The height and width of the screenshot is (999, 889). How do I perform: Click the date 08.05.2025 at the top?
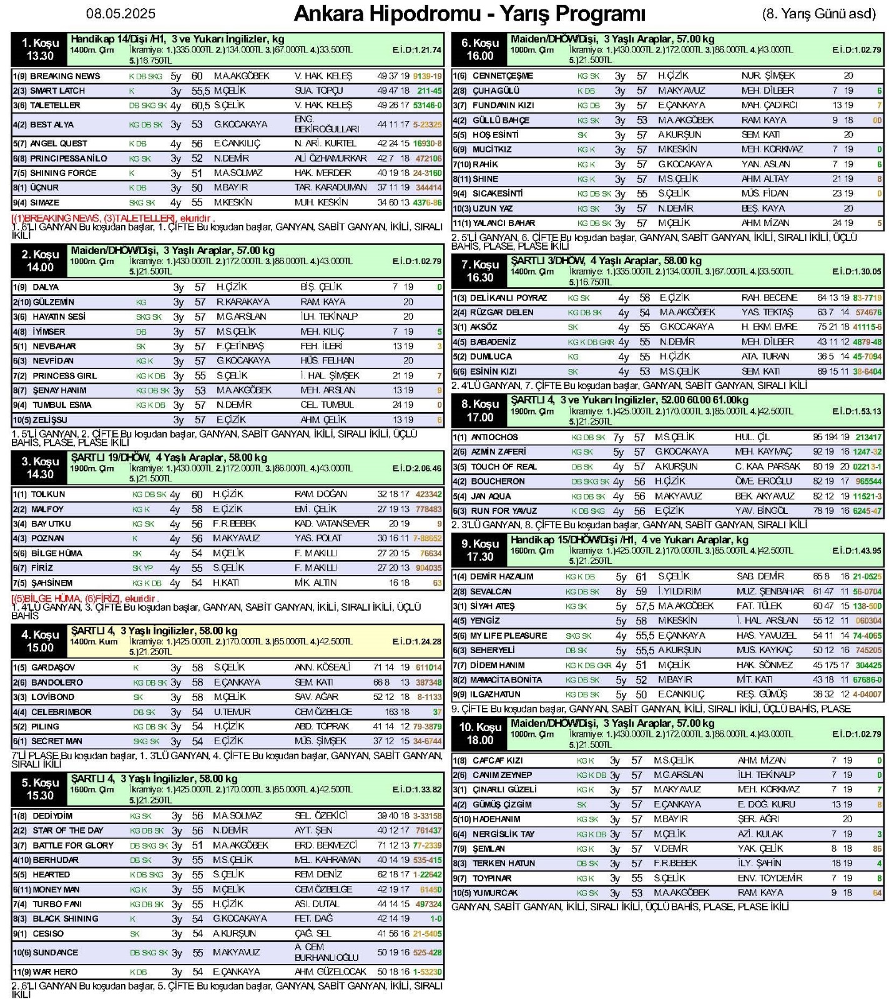pyautogui.click(x=121, y=14)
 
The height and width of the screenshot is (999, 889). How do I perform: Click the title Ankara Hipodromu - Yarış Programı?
pyautogui.click(x=469, y=14)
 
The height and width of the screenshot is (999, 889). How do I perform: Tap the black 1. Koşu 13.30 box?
pyautogui.click(x=40, y=50)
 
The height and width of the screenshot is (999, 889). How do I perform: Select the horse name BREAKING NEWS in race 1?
pyautogui.click(x=65, y=76)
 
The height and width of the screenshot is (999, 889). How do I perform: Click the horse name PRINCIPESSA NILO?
pyautogui.click(x=69, y=159)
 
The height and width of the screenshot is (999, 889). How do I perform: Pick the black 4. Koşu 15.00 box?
pyautogui.click(x=40, y=641)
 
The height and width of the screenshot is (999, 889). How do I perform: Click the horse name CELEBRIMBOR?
pyautogui.click(x=61, y=712)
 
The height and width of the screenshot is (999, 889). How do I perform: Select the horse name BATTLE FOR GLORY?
pyautogui.click(x=73, y=845)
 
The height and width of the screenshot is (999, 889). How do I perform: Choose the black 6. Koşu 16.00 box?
pyautogui.click(x=479, y=50)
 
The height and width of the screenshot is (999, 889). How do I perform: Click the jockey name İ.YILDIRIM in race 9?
pyautogui.click(x=679, y=591)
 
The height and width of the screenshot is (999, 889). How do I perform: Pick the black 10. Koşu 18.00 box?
pyautogui.click(x=479, y=734)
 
